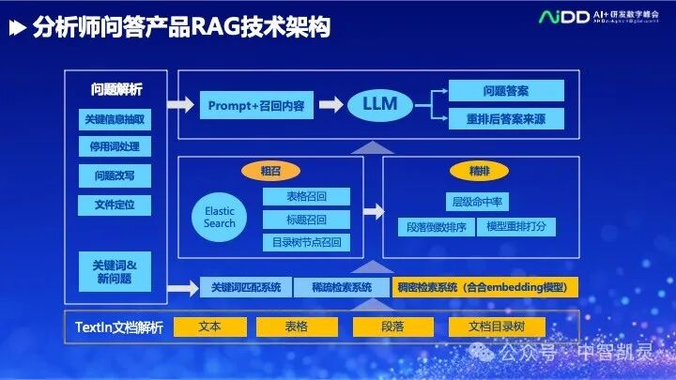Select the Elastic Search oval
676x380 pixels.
click(219, 218)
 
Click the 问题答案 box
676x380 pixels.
click(506, 91)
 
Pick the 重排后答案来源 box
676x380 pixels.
click(506, 119)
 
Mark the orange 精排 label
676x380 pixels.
click(479, 171)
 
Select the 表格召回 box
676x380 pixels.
click(305, 197)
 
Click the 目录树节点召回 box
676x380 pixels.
click(305, 242)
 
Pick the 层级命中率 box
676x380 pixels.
click(477, 202)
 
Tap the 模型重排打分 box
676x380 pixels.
click(516, 227)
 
